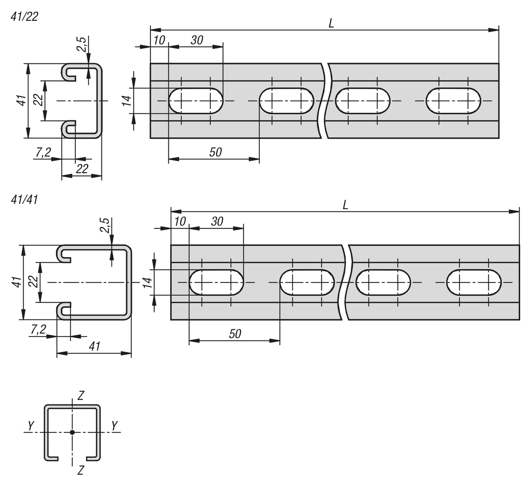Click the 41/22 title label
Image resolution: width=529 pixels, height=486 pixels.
pyautogui.click(x=25, y=17)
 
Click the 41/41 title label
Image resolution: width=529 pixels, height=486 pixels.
pyautogui.click(x=25, y=200)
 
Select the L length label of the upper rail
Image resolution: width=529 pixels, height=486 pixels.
pyautogui.click(x=331, y=23)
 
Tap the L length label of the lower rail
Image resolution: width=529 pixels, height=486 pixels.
pyautogui.click(x=345, y=205)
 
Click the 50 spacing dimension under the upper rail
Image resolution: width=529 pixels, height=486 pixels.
pyautogui.click(x=215, y=152)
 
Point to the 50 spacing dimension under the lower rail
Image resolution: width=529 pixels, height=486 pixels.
pyautogui.click(x=235, y=334)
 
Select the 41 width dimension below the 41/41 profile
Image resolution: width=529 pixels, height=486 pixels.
pyautogui.click(x=94, y=346)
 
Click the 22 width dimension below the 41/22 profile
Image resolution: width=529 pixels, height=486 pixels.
pyautogui.click(x=82, y=168)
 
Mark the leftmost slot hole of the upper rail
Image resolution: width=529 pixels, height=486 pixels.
pyautogui.click(x=196, y=101)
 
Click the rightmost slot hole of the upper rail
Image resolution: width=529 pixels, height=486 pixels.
pyautogui.click(x=453, y=101)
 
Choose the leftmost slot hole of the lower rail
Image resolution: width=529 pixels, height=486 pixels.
pyautogui.click(x=216, y=282)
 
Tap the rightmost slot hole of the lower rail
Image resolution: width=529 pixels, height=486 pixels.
pyautogui.click(x=474, y=282)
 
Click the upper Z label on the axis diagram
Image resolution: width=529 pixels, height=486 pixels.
pyautogui.click(x=80, y=396)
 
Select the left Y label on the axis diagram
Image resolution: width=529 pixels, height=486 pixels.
pyautogui.click(x=31, y=426)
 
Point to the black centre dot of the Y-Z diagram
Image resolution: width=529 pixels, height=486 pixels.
pyautogui.click(x=72, y=432)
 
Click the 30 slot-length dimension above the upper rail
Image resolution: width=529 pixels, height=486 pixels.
pyautogui.click(x=197, y=40)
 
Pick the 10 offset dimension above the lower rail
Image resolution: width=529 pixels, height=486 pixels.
pyautogui.click(x=180, y=221)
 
